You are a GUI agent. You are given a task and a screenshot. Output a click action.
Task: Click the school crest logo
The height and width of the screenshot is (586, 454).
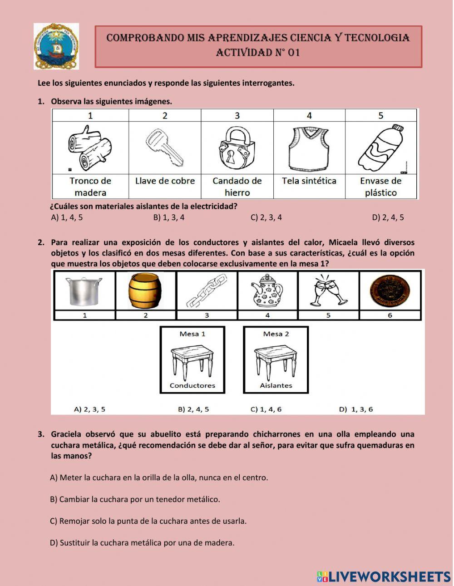56,46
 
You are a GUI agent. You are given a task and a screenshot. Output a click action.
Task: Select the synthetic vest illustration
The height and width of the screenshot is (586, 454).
309,147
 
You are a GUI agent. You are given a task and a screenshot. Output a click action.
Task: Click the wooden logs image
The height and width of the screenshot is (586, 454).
90,147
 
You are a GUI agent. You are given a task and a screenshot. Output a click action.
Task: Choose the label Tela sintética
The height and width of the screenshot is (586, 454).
309,181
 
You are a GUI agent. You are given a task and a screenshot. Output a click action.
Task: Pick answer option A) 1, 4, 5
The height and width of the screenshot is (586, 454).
67,217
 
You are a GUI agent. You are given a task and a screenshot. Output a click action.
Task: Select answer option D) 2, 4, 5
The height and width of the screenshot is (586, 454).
388,217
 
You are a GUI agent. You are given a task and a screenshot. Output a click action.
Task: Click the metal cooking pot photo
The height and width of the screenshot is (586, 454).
84,291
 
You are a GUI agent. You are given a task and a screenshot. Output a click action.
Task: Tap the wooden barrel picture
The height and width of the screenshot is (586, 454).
145,291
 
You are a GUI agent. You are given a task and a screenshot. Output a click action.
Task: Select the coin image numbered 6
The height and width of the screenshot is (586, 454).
390,291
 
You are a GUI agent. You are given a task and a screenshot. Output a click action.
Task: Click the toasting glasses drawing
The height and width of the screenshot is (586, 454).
328,291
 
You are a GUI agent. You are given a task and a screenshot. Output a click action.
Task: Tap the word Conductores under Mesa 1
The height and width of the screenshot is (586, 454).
192,385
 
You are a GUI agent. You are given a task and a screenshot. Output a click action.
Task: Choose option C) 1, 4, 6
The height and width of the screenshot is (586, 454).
266,409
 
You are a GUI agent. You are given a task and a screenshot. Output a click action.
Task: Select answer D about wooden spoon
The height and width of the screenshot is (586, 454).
142,542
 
